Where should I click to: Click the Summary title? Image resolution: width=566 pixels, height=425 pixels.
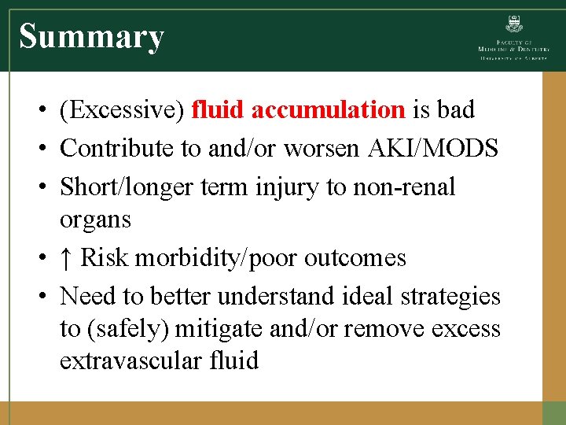tap(91, 36)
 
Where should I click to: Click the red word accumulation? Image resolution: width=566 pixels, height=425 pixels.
tap(328, 110)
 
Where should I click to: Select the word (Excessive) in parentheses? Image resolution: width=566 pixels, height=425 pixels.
tap(122, 110)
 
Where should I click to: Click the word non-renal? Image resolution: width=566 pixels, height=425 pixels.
tap(410, 187)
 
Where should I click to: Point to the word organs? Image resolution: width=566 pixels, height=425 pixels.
tap(95, 220)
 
